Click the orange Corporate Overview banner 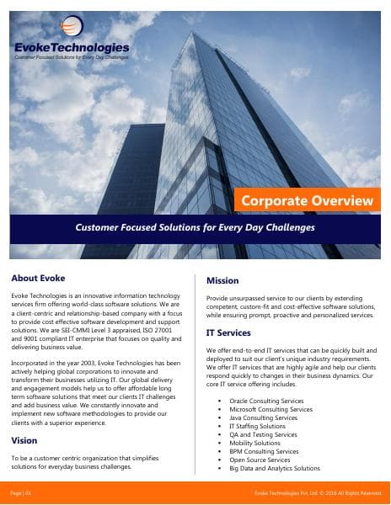point(307,200)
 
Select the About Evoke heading point(39,278)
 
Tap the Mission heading point(222,280)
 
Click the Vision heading point(24,440)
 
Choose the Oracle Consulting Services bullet point(266,401)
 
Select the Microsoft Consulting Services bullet point(270,410)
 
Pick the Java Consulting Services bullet point(263,418)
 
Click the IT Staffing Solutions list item point(257,427)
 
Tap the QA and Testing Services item point(263,435)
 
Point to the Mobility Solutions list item point(255,444)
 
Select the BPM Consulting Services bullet point(264,452)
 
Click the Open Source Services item point(260,460)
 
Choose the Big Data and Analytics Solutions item point(274,469)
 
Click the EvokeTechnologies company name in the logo point(72,48)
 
